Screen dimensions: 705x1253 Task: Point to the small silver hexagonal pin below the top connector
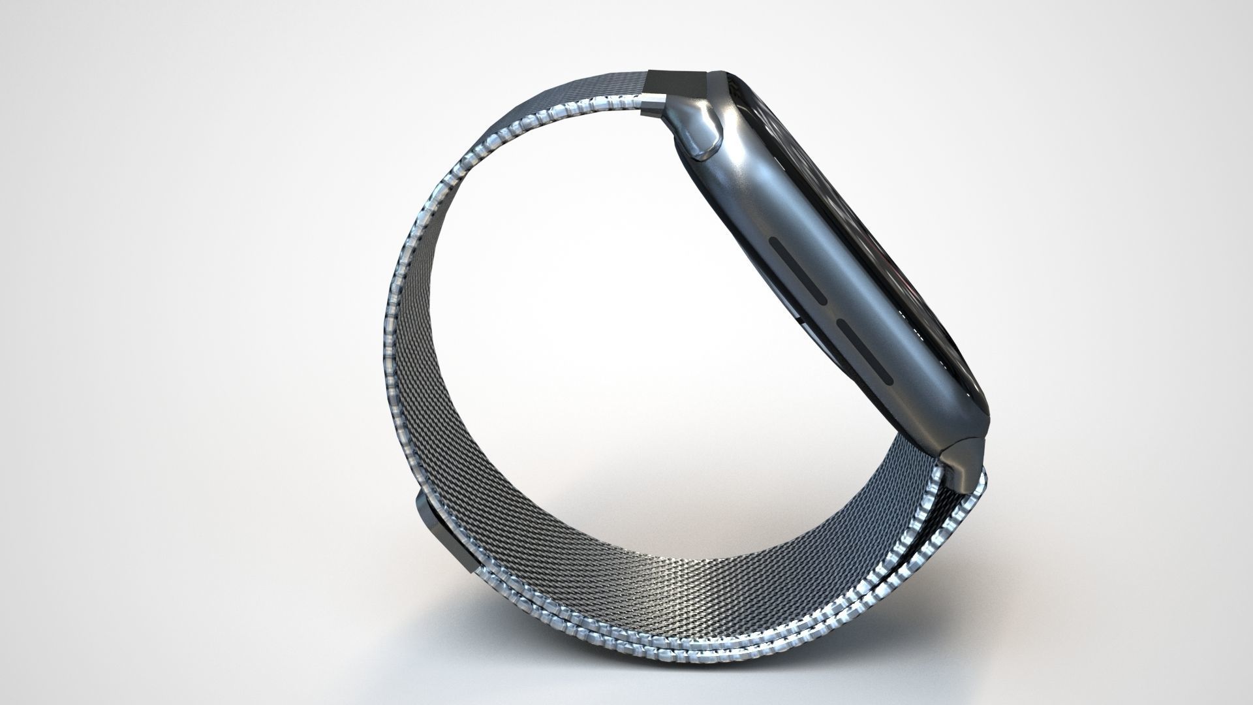coord(653,101)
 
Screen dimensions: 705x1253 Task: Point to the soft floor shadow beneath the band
coord(653,659)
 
